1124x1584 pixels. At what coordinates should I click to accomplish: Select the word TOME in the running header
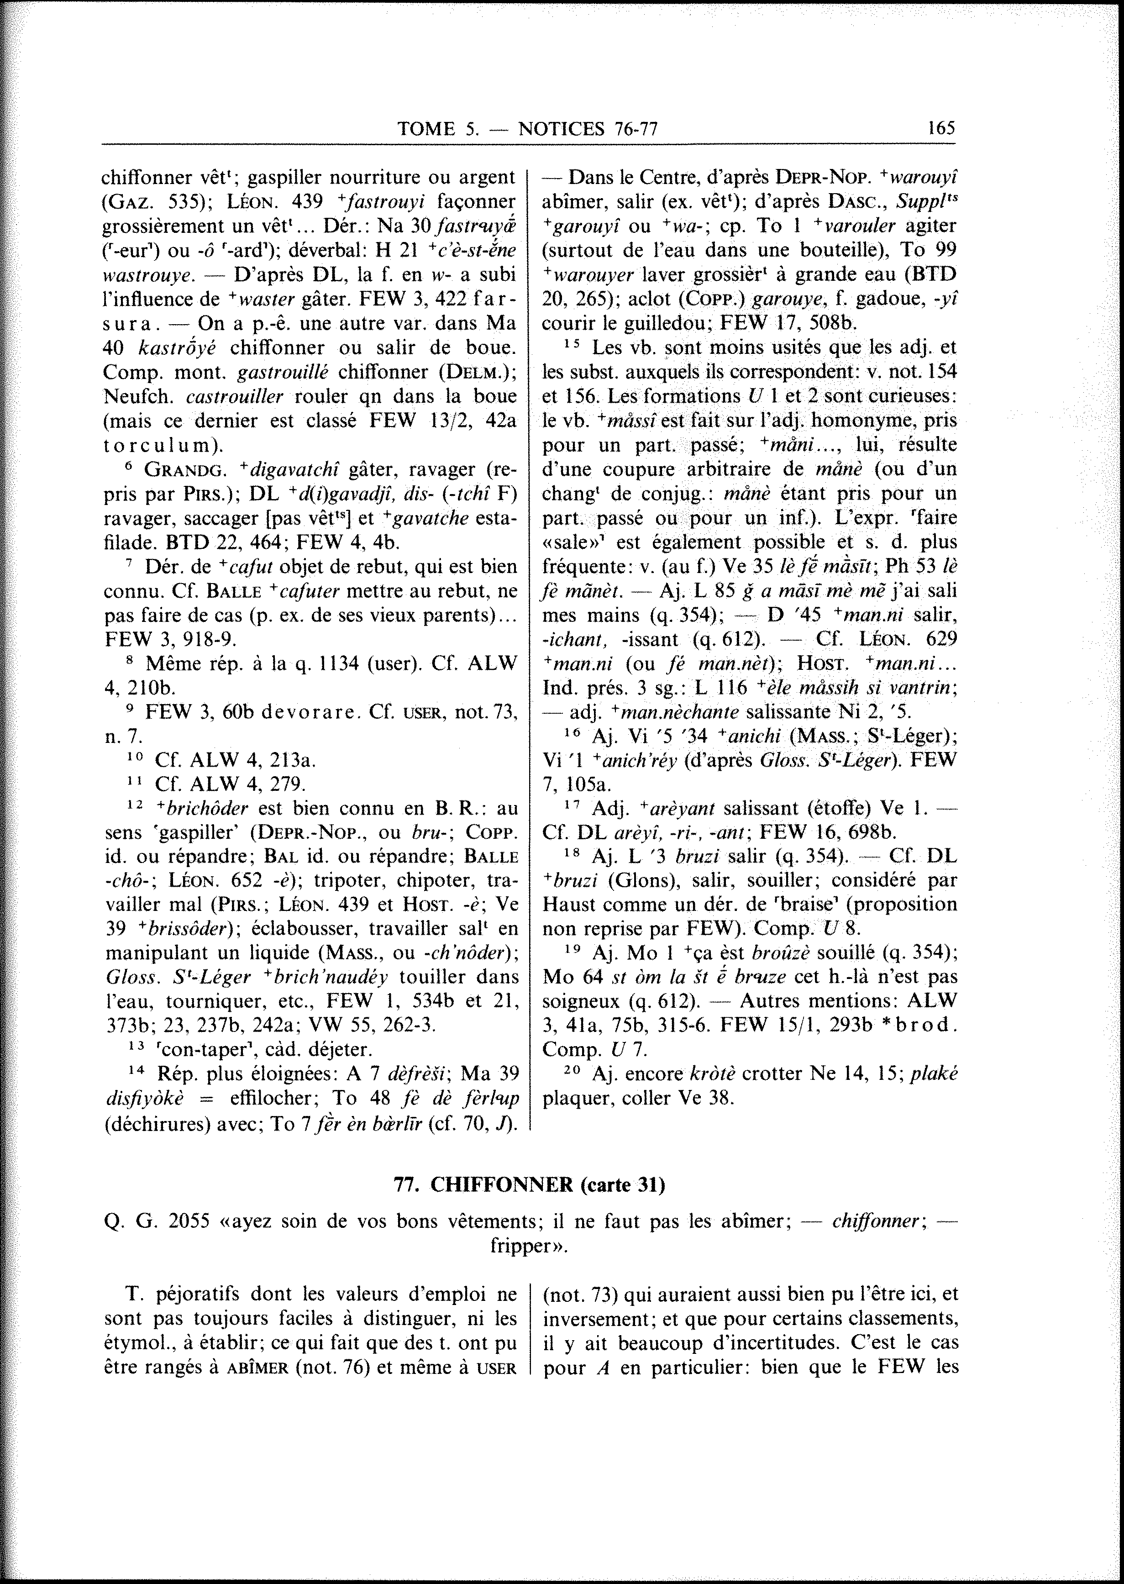tap(425, 128)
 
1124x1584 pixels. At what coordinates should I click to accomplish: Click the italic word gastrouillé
tap(284, 372)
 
